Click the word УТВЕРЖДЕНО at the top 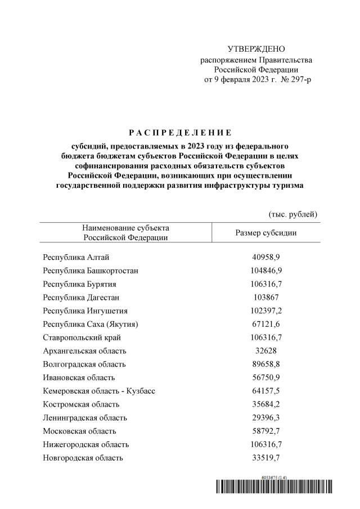click(256, 50)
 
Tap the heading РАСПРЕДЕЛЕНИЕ click(180, 133)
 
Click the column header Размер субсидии click(266, 232)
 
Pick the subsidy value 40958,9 click(266, 257)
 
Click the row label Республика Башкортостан click(91, 271)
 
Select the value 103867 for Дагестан click(266, 297)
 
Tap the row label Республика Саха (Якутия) click(91, 324)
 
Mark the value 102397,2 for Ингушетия click(266, 310)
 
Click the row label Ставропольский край click(82, 337)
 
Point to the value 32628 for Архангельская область click(266, 350)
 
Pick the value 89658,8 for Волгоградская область click(266, 364)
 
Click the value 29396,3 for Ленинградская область click(266, 417)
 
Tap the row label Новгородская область click(83, 458)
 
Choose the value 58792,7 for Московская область click(266, 431)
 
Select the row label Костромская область click(81, 404)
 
